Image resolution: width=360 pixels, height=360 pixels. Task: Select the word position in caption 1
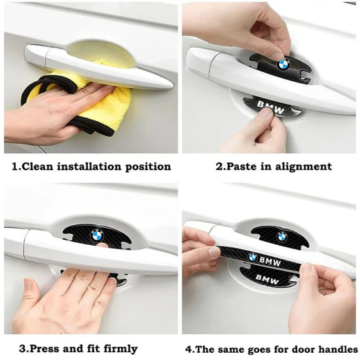[x=148, y=167]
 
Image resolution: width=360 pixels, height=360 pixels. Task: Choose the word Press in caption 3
[x=45, y=349]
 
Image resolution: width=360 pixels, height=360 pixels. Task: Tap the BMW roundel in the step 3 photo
[x=97, y=235]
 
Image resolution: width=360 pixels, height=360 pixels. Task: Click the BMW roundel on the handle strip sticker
[x=253, y=257]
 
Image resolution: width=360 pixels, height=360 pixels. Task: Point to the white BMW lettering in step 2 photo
[x=270, y=107]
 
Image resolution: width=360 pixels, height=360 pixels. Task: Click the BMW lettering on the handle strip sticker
[x=270, y=262]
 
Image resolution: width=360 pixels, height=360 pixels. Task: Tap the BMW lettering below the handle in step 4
[x=267, y=279]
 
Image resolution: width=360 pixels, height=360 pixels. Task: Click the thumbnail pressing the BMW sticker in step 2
[x=266, y=112]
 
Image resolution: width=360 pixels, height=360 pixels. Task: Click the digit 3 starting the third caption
[x=22, y=349]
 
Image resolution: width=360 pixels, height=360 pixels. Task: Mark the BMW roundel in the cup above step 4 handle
[x=282, y=237]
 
